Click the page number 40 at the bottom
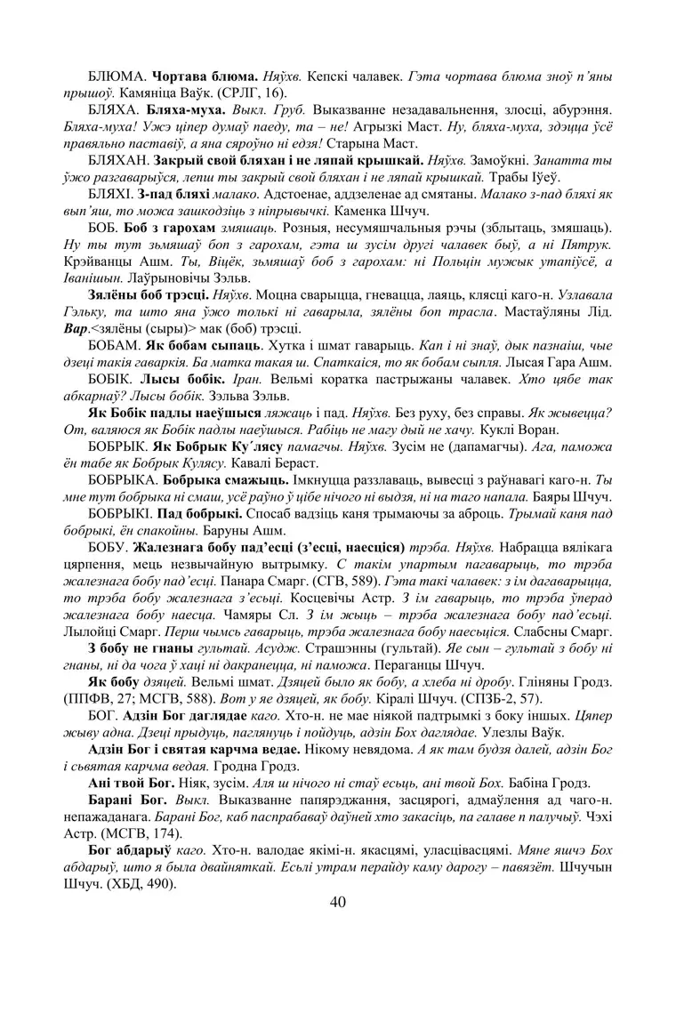[337, 903]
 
